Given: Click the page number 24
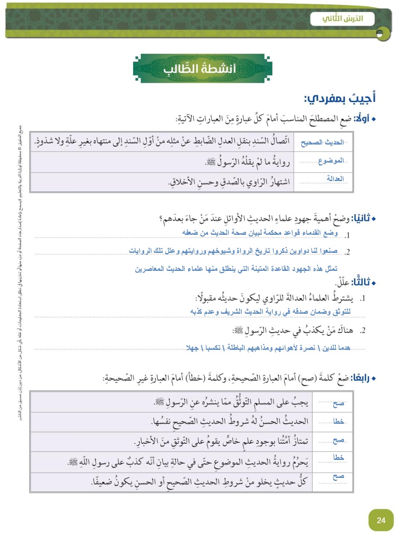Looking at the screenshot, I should click(381, 520).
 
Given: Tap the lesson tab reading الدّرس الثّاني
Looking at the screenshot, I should click(342, 19).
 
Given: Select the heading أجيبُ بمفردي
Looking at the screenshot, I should click(340, 99).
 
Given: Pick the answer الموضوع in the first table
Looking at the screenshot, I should click(331, 161).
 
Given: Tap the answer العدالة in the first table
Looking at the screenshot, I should click(335, 179).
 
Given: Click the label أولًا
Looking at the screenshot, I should click(362, 119).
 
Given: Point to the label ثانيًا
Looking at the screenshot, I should click(361, 218).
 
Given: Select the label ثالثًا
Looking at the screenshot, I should click(361, 282).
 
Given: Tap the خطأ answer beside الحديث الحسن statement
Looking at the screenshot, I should click(338, 421).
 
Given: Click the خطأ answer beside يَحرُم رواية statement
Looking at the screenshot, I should click(338, 457).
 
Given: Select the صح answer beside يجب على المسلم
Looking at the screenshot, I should click(338, 403).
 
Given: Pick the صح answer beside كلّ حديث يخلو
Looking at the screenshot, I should click(338, 477).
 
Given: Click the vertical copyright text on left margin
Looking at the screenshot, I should click(20, 273).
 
